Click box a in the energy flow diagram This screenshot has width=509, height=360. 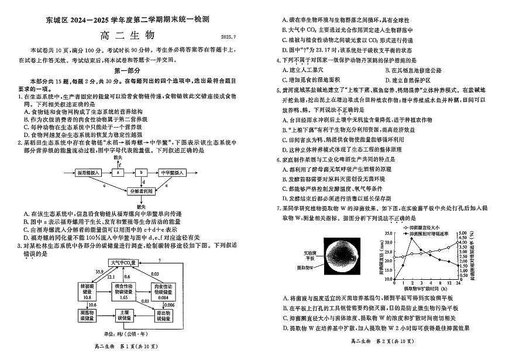118,172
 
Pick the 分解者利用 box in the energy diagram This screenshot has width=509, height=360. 142,191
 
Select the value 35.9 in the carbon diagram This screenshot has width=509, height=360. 99,272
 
